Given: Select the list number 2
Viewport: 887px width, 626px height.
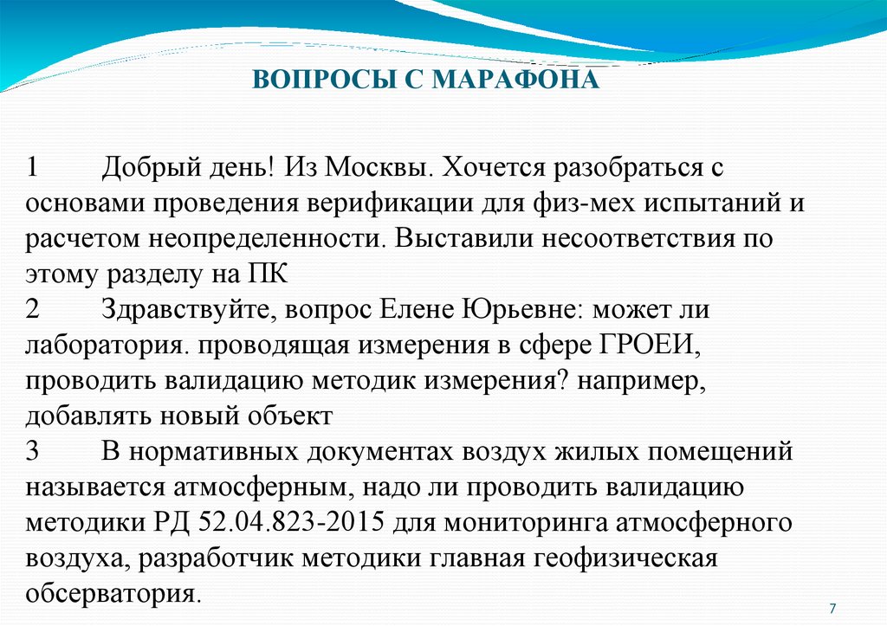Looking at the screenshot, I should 32,309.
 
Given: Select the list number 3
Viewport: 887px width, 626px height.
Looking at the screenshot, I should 32,451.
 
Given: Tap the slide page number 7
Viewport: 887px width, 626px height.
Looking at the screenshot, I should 832,605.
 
